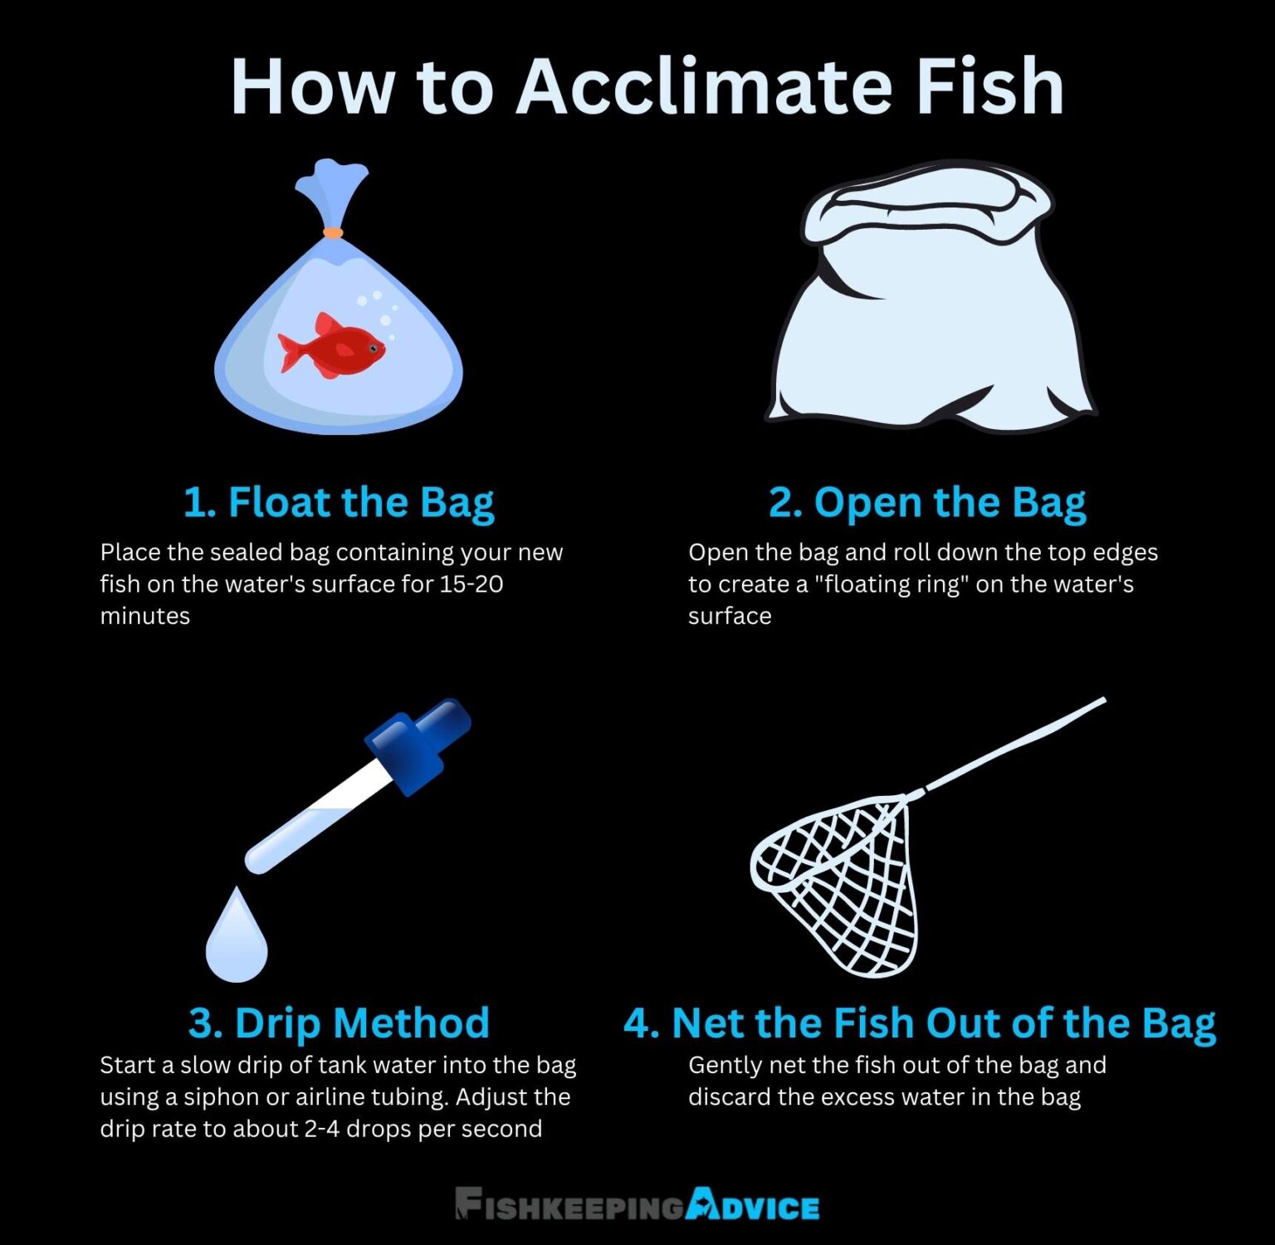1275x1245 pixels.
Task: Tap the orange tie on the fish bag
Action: [333, 233]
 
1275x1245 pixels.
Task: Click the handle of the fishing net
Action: [1017, 743]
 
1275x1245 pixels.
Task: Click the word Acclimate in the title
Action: [706, 86]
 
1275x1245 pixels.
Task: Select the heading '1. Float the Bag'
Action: [338, 503]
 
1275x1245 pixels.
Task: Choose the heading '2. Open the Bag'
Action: [927, 503]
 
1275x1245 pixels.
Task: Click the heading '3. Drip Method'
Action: [339, 1023]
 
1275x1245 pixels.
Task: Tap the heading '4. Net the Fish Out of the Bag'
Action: [919, 1023]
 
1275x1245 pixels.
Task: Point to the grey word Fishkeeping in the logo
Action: [571, 1205]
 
